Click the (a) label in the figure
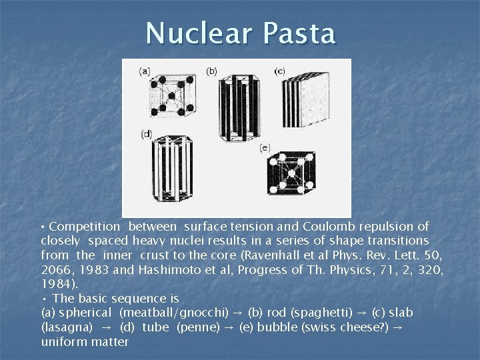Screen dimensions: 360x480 click(144, 70)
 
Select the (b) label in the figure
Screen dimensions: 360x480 click(211, 70)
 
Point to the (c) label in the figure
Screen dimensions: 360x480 click(279, 71)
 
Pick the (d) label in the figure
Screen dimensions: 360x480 click(146, 135)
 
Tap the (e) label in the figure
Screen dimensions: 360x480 click(265, 147)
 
